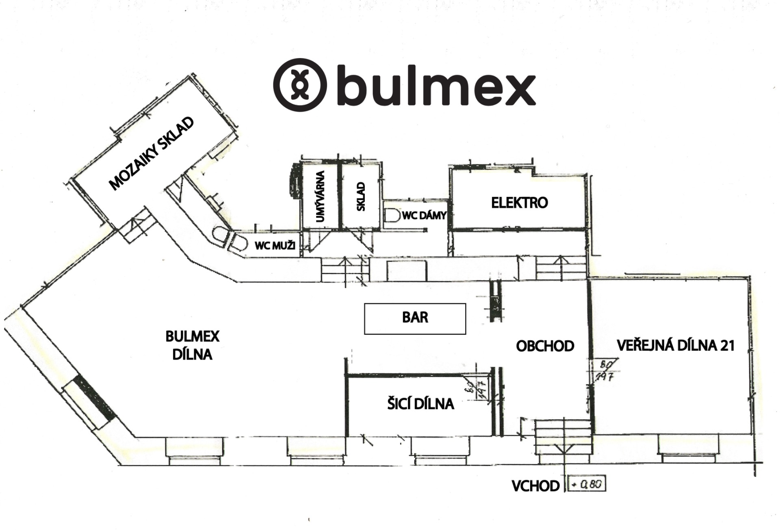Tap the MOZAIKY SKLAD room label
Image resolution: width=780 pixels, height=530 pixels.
pyautogui.click(x=151, y=154)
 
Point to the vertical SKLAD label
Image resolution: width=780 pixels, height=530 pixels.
pyautogui.click(x=361, y=197)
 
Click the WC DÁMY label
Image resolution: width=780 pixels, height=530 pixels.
pyautogui.click(x=424, y=215)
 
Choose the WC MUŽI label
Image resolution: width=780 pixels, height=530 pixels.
pyautogui.click(x=275, y=245)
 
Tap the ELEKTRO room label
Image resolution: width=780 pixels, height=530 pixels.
pyautogui.click(x=519, y=203)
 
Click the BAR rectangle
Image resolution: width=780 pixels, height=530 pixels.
pyautogui.click(x=415, y=319)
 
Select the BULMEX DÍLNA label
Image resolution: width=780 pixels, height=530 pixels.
pyautogui.click(x=193, y=345)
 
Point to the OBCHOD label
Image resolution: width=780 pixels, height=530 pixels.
pyautogui.click(x=545, y=346)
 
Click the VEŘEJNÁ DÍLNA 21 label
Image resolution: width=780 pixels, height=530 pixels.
pyautogui.click(x=675, y=345)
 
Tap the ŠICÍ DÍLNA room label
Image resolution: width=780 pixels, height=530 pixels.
pyautogui.click(x=420, y=404)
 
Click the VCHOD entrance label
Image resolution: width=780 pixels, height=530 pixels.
pyautogui.click(x=535, y=486)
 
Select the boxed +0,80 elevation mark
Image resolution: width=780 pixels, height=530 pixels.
pyautogui.click(x=588, y=484)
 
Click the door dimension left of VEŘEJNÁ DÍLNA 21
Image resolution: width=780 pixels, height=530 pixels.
pyautogui.click(x=605, y=369)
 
